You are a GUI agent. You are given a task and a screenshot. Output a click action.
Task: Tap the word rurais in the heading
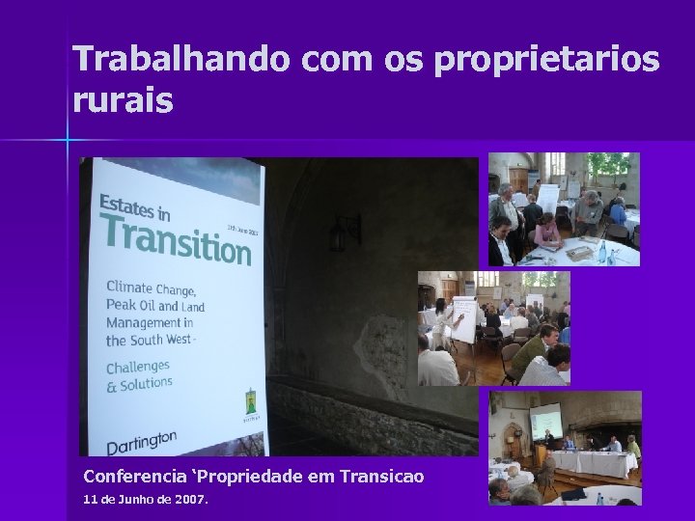pos(123,100)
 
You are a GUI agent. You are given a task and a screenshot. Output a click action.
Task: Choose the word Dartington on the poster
pos(141,442)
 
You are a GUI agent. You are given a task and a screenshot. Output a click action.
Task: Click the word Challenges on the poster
pos(138,367)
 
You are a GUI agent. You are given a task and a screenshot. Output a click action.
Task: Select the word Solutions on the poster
pos(147,383)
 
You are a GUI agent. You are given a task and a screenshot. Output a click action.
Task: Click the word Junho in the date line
pos(128,500)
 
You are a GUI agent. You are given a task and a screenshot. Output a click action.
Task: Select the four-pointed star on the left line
pos(69,141)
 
